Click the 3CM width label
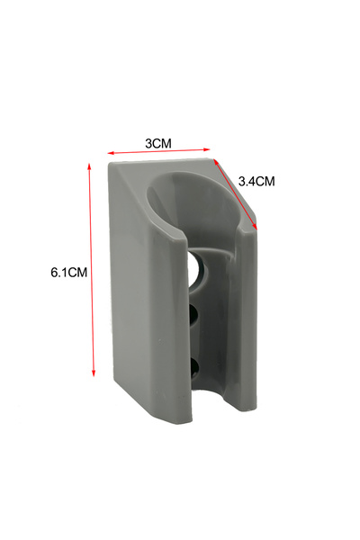(158, 143)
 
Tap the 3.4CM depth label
(256, 181)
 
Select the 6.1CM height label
(69, 273)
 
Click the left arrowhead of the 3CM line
(110, 153)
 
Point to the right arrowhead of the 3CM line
(207, 149)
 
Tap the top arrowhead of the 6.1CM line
(89, 166)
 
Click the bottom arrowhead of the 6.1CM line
(93, 373)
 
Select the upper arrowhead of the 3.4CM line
(216, 161)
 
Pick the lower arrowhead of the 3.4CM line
(255, 226)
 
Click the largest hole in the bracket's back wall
(198, 271)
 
